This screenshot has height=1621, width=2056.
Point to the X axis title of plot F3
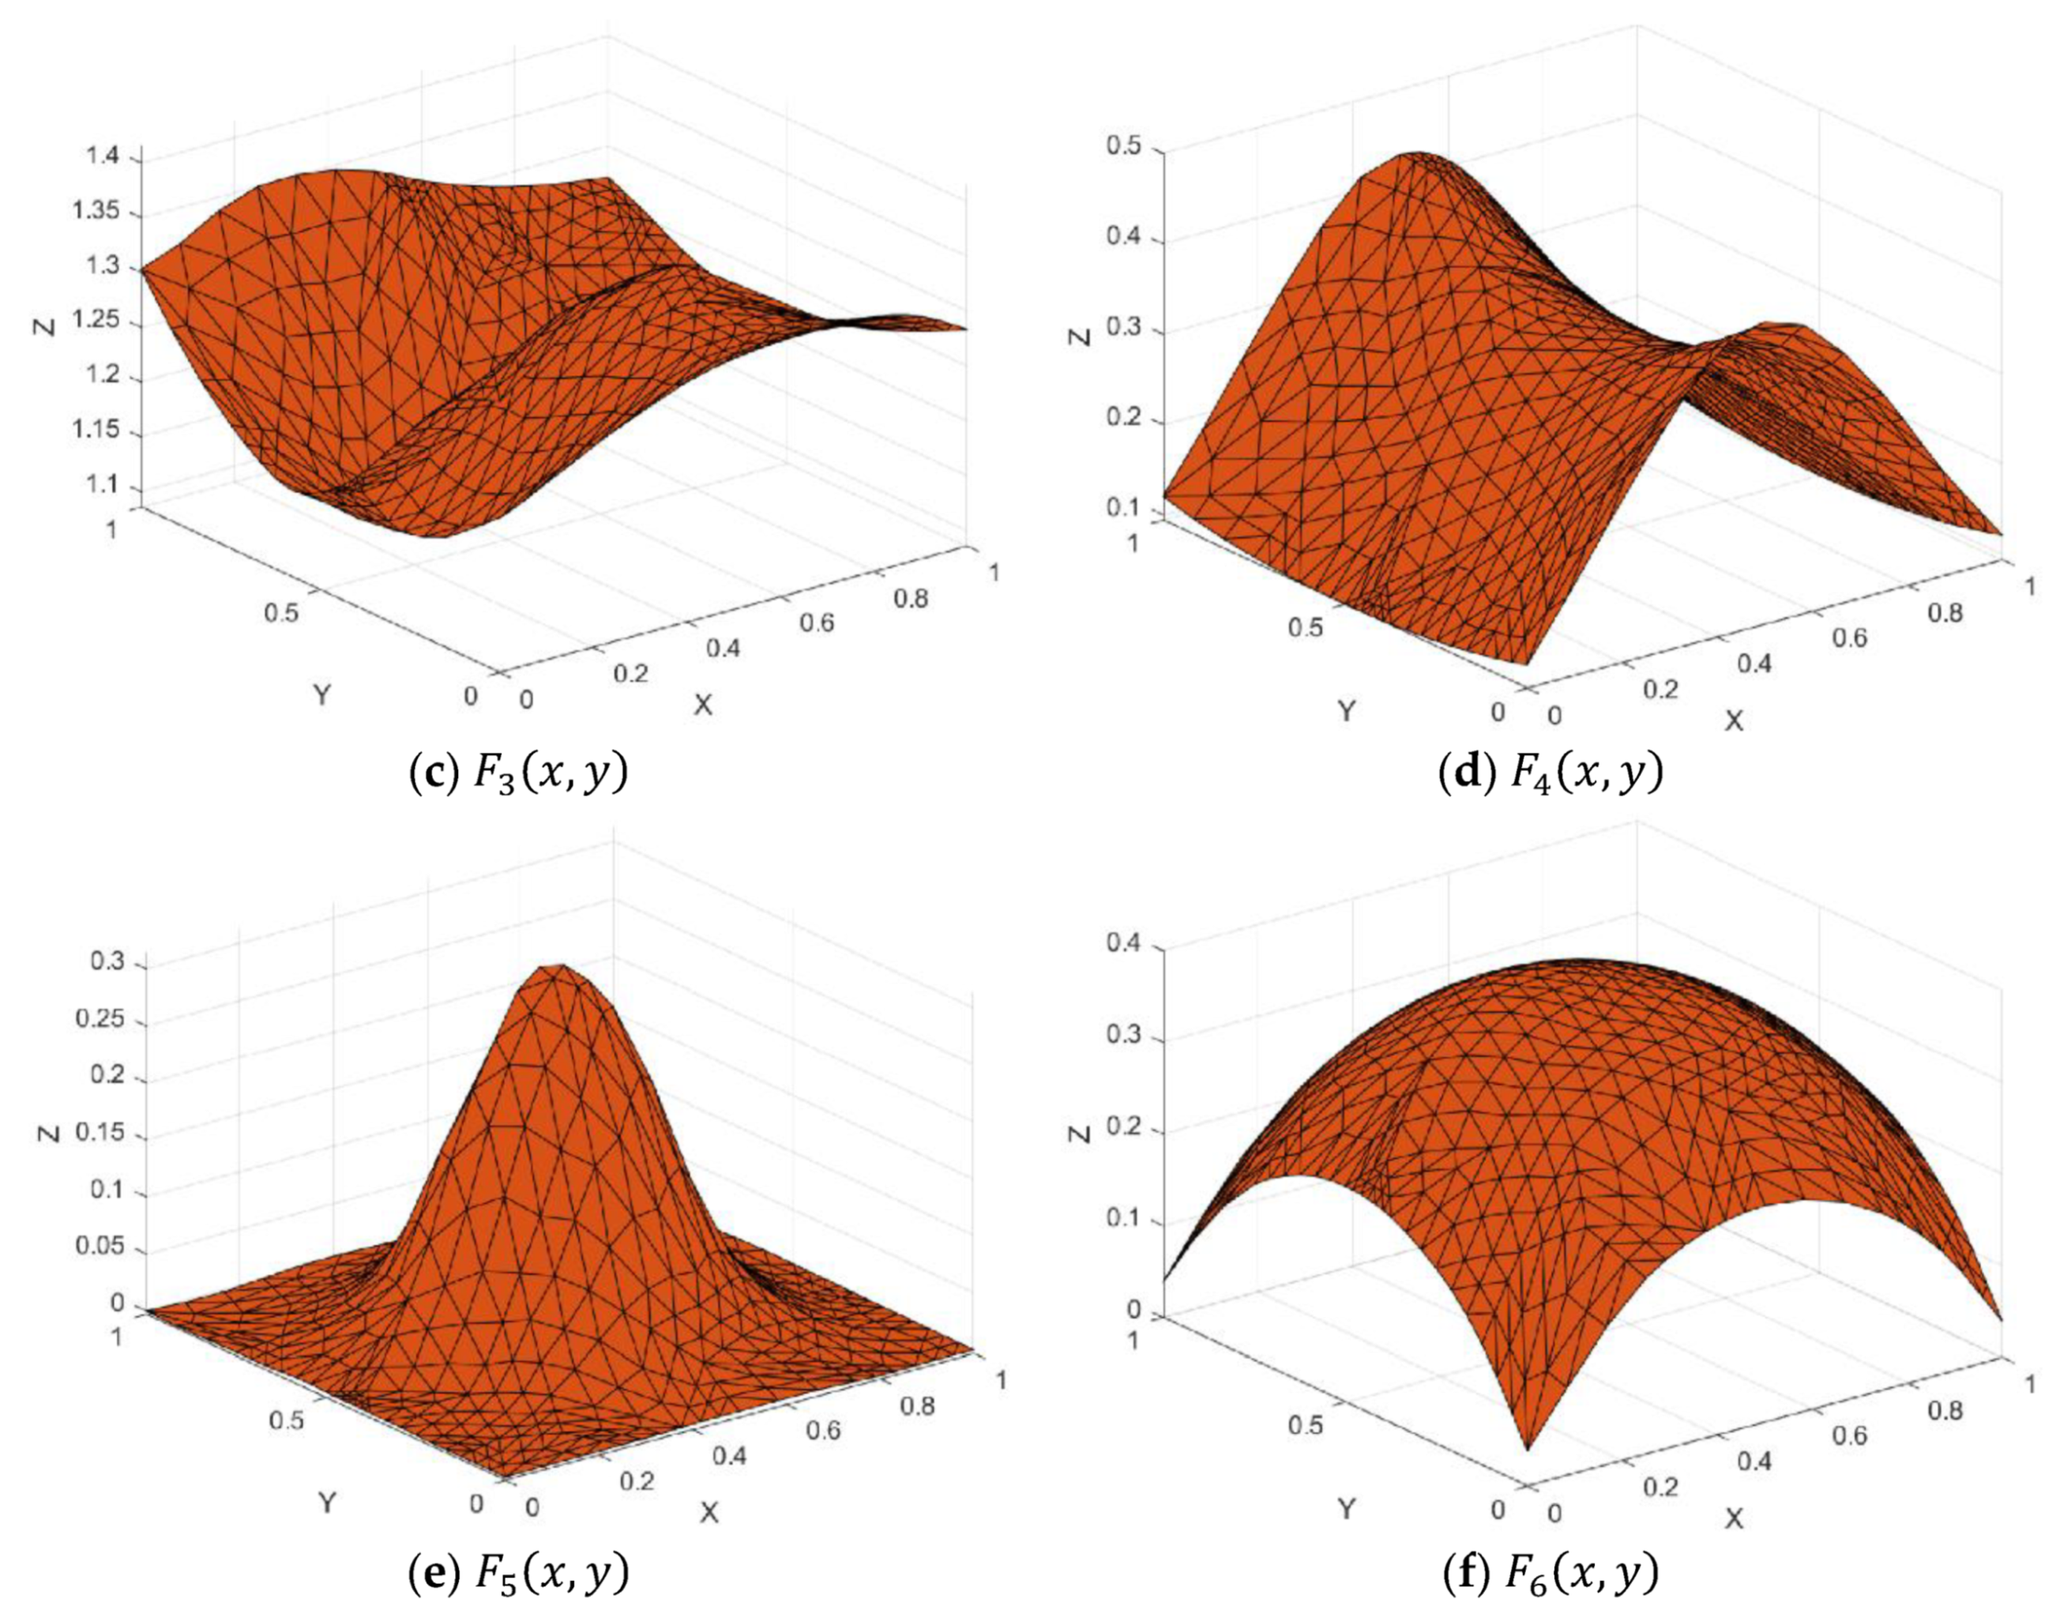tap(702, 704)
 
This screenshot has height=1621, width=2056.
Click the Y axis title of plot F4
tap(1345, 710)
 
